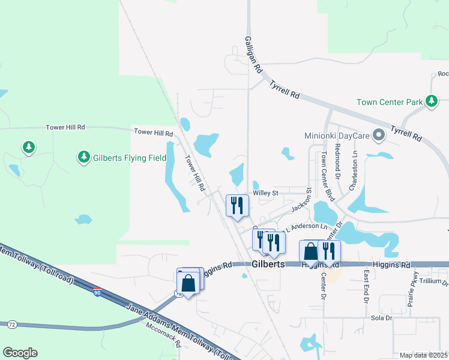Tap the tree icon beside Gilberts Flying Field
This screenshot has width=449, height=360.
[x=83, y=157]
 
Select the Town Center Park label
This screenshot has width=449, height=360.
[x=390, y=102]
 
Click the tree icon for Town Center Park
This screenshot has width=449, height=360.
[x=432, y=101]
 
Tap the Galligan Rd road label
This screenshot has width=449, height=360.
[x=254, y=53]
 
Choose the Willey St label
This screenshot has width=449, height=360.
[x=266, y=193]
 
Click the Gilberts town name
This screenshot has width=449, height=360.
[x=267, y=264]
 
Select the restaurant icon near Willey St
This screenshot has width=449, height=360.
[x=237, y=206]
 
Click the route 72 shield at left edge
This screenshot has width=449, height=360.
[x=11, y=325]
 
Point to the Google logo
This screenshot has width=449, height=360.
[x=20, y=353]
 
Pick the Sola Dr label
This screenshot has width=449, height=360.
[x=381, y=317]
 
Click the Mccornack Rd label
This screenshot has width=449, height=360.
[x=163, y=338]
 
